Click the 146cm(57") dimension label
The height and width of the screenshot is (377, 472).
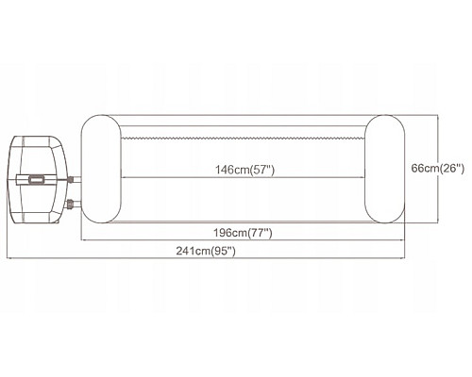point(244,170)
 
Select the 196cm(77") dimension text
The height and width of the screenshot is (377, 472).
point(243,233)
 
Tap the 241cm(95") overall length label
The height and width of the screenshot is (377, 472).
point(206,251)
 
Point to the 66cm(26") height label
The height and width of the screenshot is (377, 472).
point(438,169)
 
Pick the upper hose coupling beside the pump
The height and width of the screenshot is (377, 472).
point(71,180)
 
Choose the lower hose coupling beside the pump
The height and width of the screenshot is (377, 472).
point(70,205)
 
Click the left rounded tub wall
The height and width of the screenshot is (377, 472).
point(101,169)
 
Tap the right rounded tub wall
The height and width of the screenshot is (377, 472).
point(384,169)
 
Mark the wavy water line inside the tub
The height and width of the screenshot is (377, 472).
point(243,138)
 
